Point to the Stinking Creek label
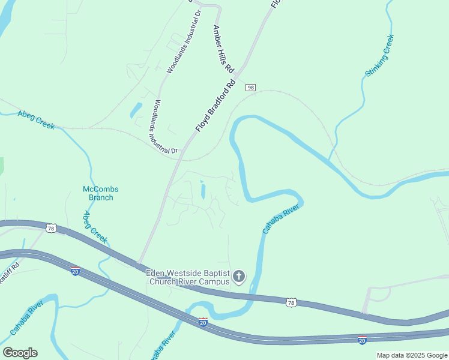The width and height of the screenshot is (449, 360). coord(379,56)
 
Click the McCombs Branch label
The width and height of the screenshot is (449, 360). coord(100,193)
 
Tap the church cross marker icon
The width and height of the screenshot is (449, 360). coord(239,277)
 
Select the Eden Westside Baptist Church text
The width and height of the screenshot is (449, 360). coord(188,277)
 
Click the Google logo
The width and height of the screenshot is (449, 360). coord(20,353)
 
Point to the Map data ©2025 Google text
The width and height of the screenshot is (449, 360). coord(412,355)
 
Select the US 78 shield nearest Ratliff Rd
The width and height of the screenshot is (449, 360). coord(52,229)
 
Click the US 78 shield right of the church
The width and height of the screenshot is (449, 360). coord(291,303)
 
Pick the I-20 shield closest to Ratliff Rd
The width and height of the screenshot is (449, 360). coord(76,271)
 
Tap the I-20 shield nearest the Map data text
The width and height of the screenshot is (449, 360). coord(362,340)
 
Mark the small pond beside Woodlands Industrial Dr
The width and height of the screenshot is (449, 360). coord(136,110)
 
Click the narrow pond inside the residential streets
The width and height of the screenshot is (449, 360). coord(202,191)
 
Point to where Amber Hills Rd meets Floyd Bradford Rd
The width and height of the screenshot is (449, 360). coord(238,77)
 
